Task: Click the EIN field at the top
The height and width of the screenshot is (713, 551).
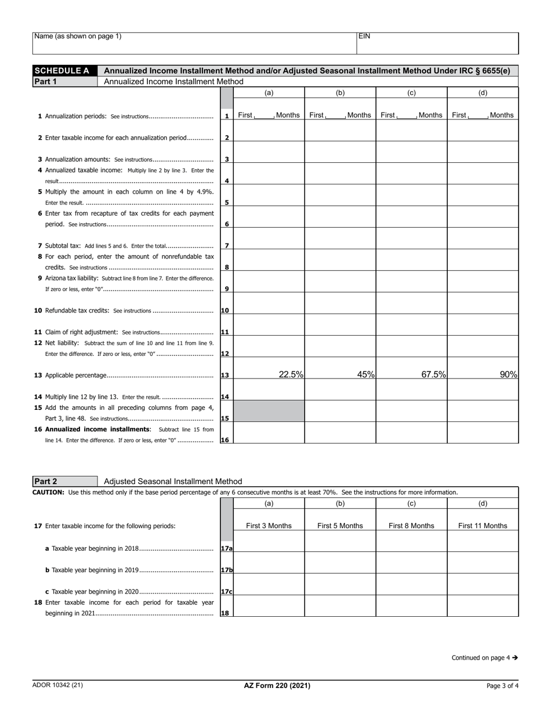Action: tap(437, 43)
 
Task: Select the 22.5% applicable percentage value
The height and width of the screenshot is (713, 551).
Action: tap(291, 374)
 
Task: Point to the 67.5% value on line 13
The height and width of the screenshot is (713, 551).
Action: tap(433, 374)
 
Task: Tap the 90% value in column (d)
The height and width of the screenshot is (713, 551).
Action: tap(508, 374)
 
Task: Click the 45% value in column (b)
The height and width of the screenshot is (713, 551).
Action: tap(365, 374)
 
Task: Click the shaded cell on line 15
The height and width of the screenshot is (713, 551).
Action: tap(269, 411)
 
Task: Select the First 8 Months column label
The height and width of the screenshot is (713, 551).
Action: tap(411, 526)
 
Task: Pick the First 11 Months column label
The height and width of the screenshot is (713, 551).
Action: tap(483, 526)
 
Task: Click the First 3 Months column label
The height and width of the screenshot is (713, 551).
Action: tap(269, 526)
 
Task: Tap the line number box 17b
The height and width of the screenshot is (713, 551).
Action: tap(226, 570)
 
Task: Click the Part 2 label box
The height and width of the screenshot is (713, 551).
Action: tap(65, 481)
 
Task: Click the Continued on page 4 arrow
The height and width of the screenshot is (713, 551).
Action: tap(514, 658)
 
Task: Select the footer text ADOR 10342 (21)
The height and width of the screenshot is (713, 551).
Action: tap(57, 685)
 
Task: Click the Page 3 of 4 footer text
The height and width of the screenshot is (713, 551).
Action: tap(502, 686)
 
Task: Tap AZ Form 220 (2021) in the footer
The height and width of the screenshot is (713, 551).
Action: tap(277, 686)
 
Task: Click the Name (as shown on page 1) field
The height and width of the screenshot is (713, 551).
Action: tap(194, 43)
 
